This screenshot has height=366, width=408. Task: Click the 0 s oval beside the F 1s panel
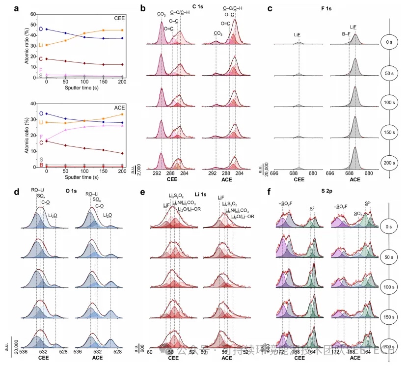pyautogui.click(x=389, y=42)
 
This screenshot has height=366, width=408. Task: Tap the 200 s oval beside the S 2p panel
pyautogui.click(x=389, y=347)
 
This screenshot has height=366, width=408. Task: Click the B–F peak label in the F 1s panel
pyautogui.click(x=346, y=34)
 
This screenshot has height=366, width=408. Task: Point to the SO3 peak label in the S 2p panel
pyautogui.click(x=359, y=214)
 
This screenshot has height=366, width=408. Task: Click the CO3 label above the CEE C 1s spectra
pyautogui.click(x=162, y=15)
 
